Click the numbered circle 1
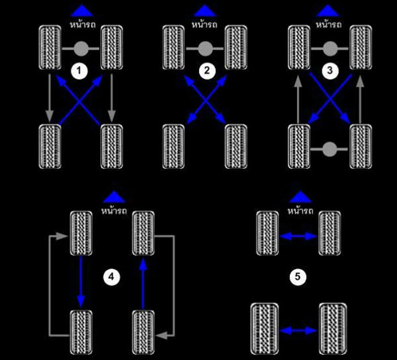point(79,71)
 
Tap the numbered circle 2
point(207,70)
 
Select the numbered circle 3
point(330,70)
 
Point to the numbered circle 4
point(111,277)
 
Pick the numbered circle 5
point(298,277)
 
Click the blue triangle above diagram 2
point(205,11)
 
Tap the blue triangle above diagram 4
point(114,197)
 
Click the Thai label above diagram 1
point(83,25)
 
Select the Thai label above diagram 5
point(300,211)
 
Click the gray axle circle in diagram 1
point(81,49)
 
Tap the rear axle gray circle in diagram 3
point(330,149)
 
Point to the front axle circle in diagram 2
point(205,49)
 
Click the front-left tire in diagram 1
point(50,48)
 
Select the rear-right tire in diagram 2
point(236,146)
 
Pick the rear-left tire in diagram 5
point(265,329)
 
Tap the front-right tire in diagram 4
point(143,233)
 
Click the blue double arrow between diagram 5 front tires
point(298,236)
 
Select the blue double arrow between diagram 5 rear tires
point(299,331)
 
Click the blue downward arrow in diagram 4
point(81,282)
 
